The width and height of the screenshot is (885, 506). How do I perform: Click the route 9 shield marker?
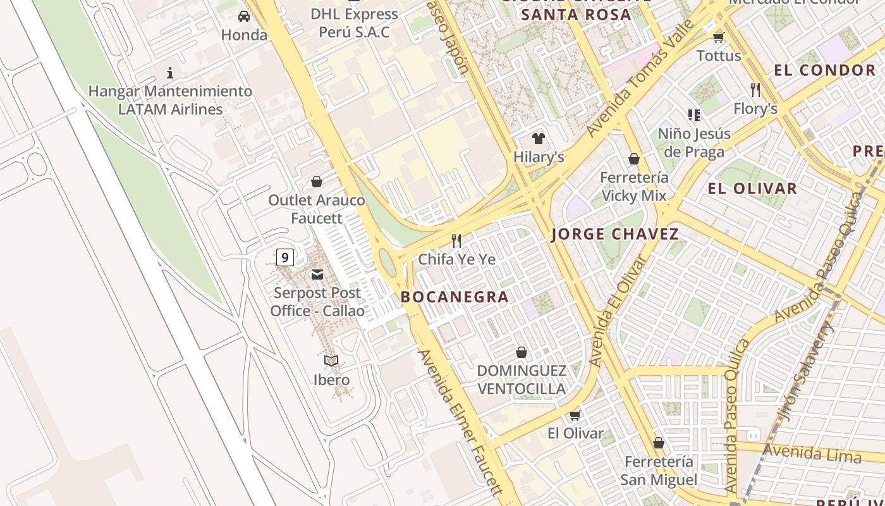(285, 257)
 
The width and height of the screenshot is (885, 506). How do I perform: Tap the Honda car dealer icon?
(244, 16)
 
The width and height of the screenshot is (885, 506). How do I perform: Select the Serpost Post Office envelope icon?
(317, 275)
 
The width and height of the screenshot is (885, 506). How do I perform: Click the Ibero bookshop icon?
(331, 361)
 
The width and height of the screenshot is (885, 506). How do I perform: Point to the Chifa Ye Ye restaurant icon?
(456, 240)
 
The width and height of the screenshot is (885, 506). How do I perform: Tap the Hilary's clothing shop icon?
(538, 139)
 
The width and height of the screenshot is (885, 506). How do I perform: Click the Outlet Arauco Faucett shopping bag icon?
(317, 182)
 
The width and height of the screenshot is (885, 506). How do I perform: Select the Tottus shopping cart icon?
(718, 37)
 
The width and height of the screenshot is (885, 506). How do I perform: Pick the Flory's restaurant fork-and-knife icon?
(755, 89)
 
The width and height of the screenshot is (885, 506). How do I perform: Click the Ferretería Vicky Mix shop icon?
(634, 159)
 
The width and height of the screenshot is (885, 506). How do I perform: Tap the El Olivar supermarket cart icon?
(575, 415)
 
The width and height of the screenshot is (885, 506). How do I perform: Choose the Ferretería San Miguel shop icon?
(659, 443)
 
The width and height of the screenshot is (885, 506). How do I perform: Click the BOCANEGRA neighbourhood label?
(455, 297)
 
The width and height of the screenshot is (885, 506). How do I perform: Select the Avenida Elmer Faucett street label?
(460, 422)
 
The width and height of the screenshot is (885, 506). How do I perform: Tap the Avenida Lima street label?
(812, 454)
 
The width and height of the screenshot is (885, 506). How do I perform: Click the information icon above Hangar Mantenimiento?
(169, 73)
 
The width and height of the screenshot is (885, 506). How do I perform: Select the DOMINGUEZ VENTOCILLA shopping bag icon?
(522, 352)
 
